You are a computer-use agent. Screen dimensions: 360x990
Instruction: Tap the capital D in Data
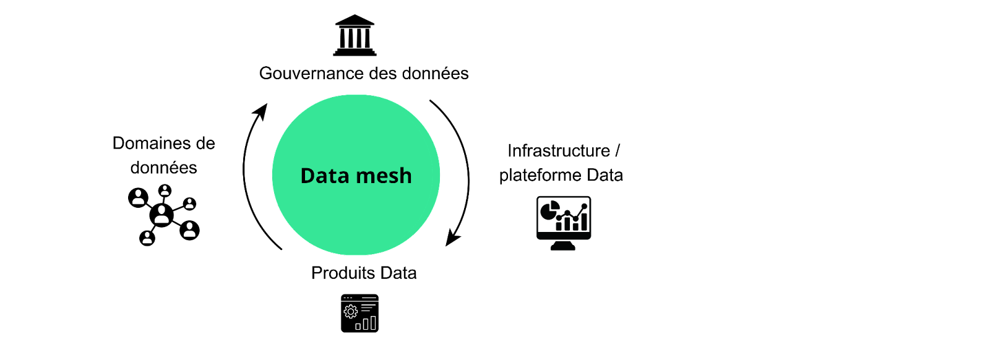tap(308, 176)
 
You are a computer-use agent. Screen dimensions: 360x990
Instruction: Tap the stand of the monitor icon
tap(563, 246)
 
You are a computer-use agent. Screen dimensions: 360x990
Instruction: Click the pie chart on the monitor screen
tap(548, 213)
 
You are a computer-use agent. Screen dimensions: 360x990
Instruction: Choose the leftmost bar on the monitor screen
tap(559, 227)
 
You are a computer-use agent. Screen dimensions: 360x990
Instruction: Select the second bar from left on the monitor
tap(567, 224)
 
